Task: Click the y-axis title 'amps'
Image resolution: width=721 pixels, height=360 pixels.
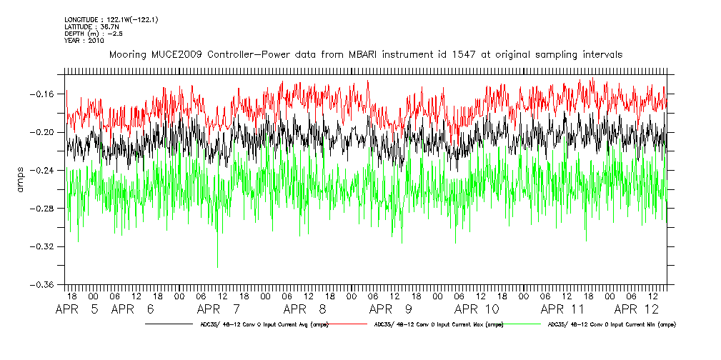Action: tap(21, 180)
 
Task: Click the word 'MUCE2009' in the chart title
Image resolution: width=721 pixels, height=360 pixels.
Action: tap(175, 54)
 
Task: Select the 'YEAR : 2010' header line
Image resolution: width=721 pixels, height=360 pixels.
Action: tap(84, 40)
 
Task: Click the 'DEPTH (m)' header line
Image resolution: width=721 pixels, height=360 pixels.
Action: tap(89, 33)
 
